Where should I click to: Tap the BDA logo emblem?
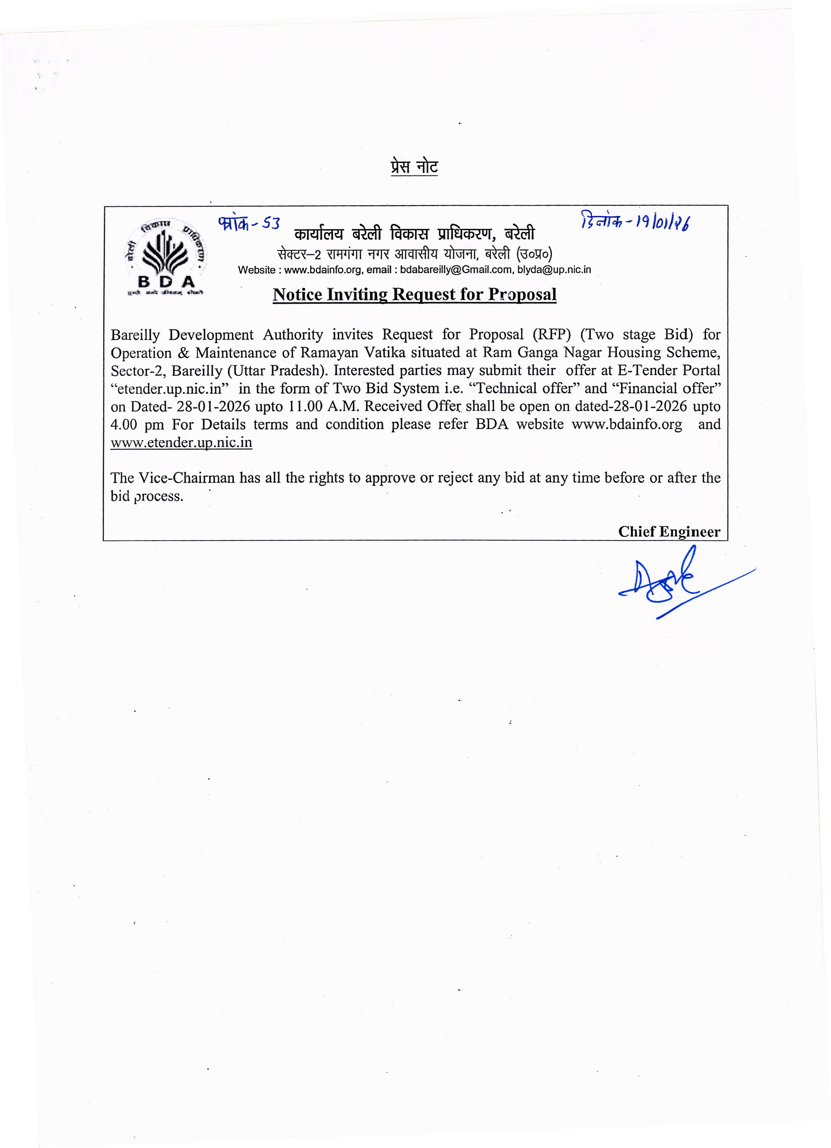[165, 257]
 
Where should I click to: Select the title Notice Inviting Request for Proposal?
[414, 295]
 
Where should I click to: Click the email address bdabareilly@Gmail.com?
[456, 270]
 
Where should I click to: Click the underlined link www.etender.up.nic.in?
[181, 443]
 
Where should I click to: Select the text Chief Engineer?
[669, 531]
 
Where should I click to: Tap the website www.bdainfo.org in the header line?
[322, 270]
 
